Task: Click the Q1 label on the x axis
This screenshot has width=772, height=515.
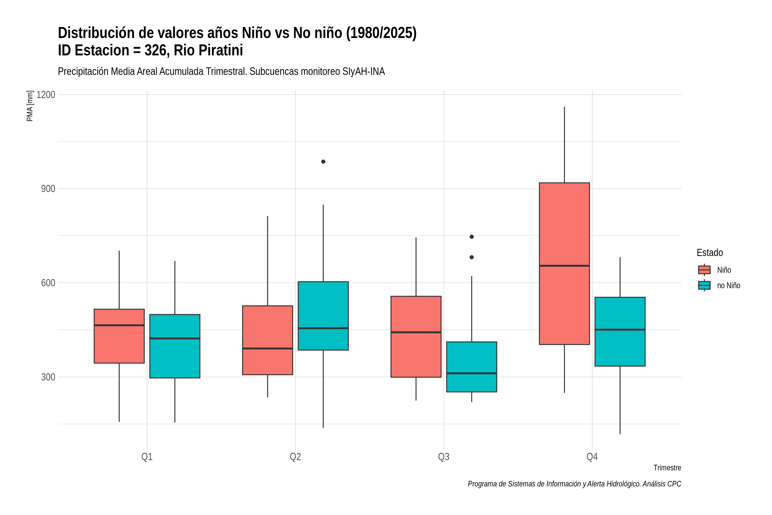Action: tap(147, 457)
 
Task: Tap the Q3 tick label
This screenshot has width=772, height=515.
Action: tap(444, 457)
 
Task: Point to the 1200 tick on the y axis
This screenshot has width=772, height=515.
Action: tap(46, 95)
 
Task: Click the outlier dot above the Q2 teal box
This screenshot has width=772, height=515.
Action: tap(323, 162)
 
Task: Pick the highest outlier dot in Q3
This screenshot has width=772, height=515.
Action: tap(472, 237)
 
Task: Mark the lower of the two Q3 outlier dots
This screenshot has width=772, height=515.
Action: tap(472, 257)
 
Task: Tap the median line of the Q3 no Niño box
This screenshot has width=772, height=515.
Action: tap(472, 373)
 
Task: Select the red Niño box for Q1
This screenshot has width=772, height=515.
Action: tap(119, 336)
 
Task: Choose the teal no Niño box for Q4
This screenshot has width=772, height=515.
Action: tap(620, 332)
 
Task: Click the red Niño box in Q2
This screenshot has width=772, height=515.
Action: tap(267, 340)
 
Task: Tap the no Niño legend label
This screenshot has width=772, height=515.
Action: tap(729, 285)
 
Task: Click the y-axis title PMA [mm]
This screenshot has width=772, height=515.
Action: tap(30, 106)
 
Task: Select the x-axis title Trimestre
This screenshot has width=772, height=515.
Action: tap(667, 468)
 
